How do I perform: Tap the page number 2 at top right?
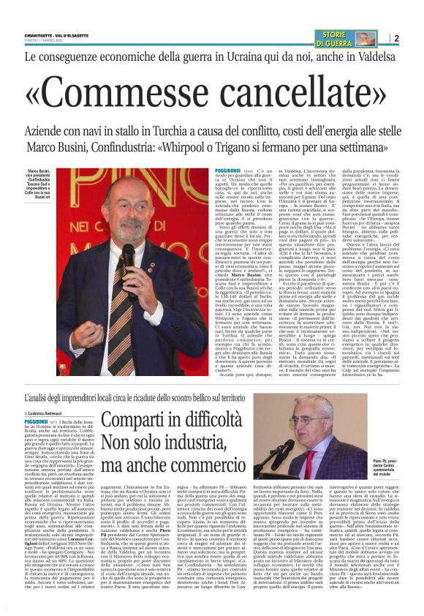(x=395, y=37)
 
